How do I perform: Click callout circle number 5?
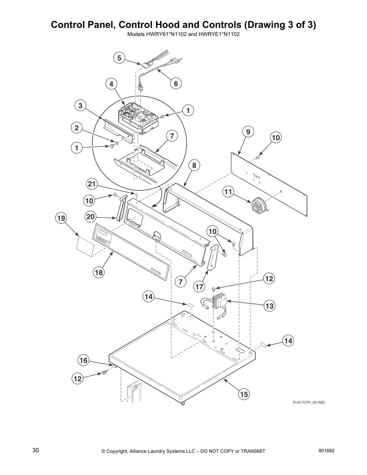(x=119, y=58)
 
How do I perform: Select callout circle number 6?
(x=176, y=83)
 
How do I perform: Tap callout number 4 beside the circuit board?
(x=111, y=84)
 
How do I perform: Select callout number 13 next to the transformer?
(x=270, y=306)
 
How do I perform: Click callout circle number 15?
(x=244, y=394)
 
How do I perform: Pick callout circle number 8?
(x=194, y=165)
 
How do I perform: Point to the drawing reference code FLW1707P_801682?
(x=309, y=402)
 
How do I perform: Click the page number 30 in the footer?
(x=36, y=450)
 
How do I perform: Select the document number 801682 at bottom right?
(x=326, y=450)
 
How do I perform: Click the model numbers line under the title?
(x=183, y=34)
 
